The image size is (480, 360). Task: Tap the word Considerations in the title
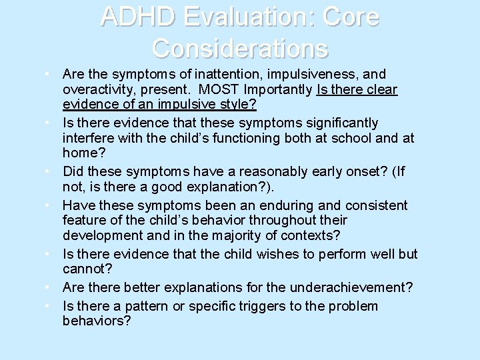click(x=240, y=49)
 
